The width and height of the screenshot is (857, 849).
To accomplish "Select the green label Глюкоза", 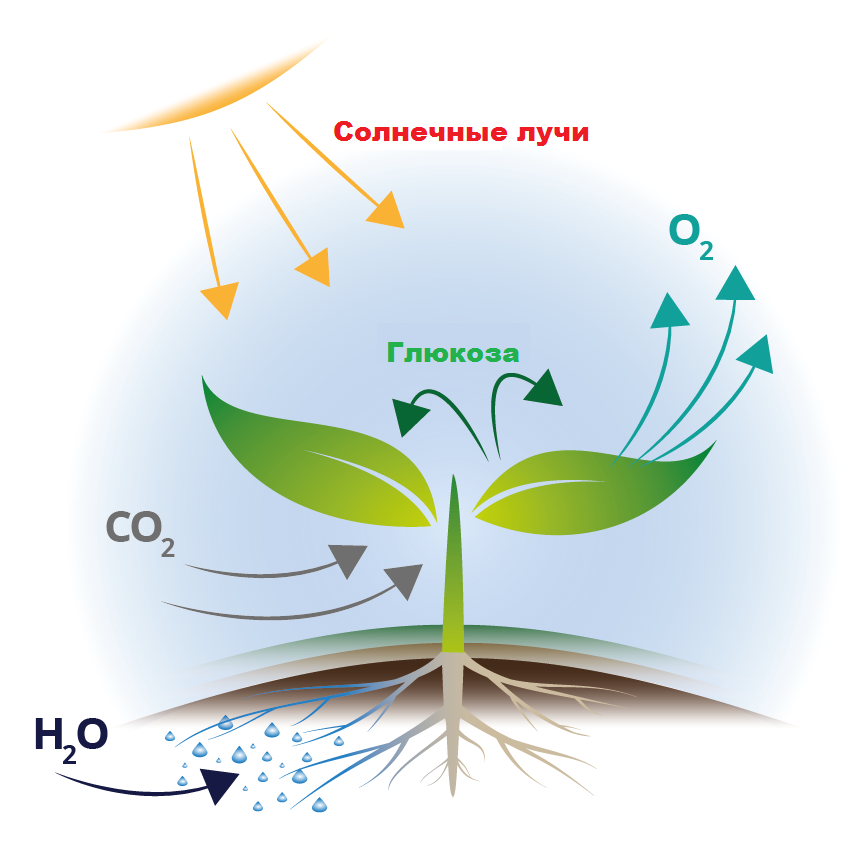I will tap(453, 353).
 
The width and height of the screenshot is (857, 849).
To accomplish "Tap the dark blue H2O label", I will tap(70, 737).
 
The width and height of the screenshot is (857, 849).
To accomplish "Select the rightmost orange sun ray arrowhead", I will tap(386, 210).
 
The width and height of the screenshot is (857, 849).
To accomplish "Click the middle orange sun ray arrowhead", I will tap(313, 267).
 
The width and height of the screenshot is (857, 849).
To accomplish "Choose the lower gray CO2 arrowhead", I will tap(405, 580).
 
